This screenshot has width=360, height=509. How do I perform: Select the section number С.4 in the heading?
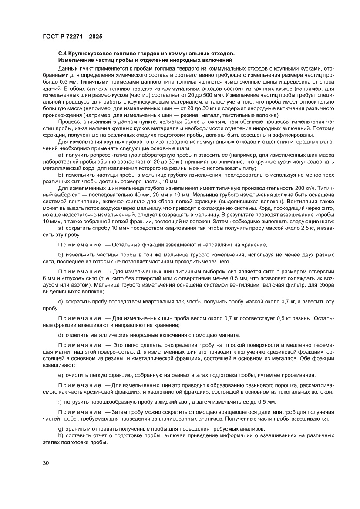pyautogui.click(x=64, y=53)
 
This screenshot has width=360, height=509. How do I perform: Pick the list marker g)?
pyautogui.click(x=61, y=428)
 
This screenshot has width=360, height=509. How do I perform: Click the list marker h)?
pyautogui.click(x=61, y=436)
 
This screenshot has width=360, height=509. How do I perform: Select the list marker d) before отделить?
pyautogui.click(x=61, y=335)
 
